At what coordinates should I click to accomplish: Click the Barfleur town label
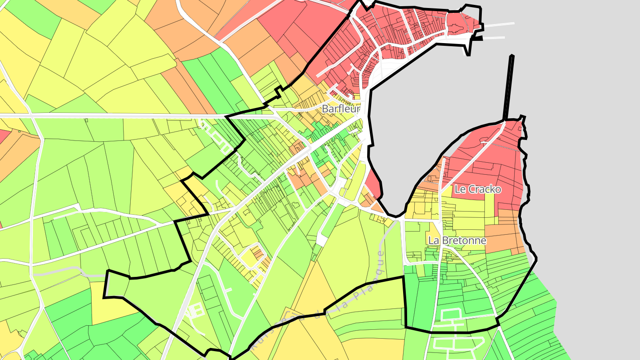click(x=340, y=108)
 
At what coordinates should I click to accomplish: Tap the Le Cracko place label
click(x=478, y=189)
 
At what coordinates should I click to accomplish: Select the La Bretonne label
click(x=457, y=240)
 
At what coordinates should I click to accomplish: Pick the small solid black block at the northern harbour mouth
click(x=477, y=39)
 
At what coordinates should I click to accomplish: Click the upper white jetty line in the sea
click(x=500, y=24)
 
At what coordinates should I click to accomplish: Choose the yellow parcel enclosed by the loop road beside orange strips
click(x=249, y=258)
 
